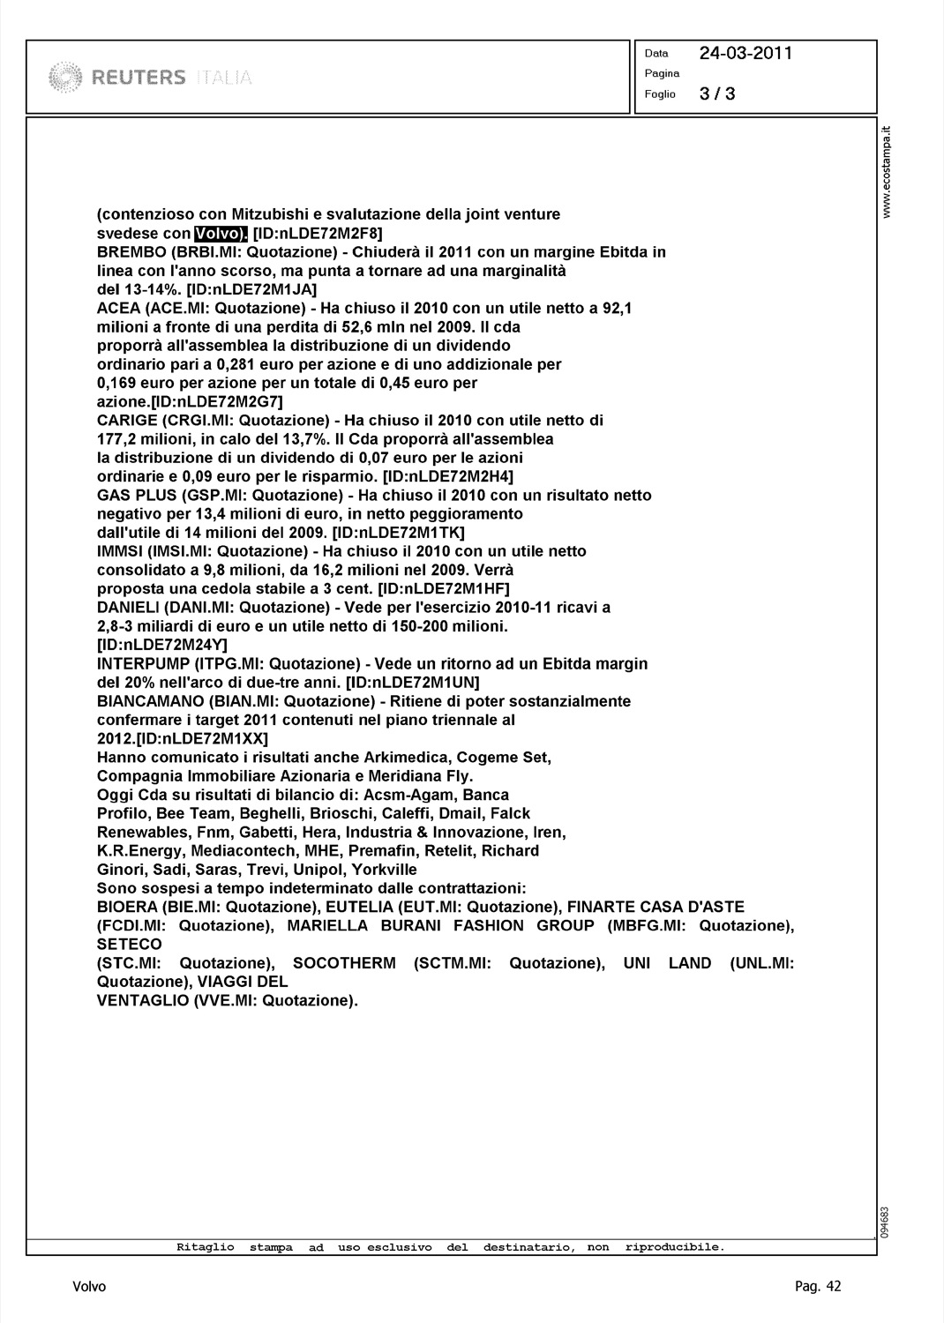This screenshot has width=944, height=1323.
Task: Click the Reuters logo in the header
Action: click(x=150, y=77)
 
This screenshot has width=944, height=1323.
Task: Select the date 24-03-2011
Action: click(x=745, y=53)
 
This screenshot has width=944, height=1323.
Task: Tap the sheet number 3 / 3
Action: click(x=717, y=93)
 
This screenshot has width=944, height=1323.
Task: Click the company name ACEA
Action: click(x=118, y=308)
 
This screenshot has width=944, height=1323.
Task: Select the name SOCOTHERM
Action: click(x=344, y=963)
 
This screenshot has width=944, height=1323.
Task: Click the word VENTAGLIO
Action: click(x=142, y=1000)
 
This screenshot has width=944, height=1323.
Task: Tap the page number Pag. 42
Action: click(x=818, y=1286)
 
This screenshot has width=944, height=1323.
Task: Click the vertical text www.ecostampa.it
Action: click(x=888, y=172)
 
